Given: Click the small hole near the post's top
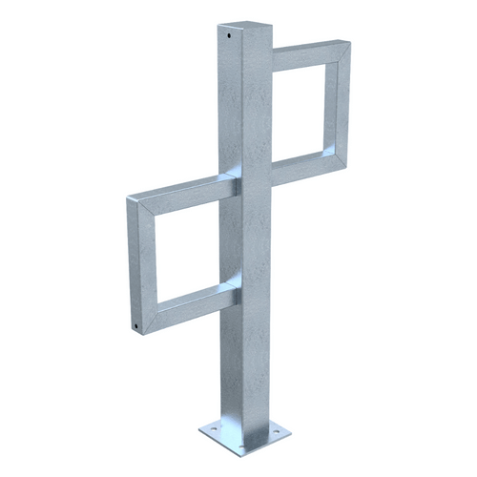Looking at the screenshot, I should [x=229, y=39].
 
